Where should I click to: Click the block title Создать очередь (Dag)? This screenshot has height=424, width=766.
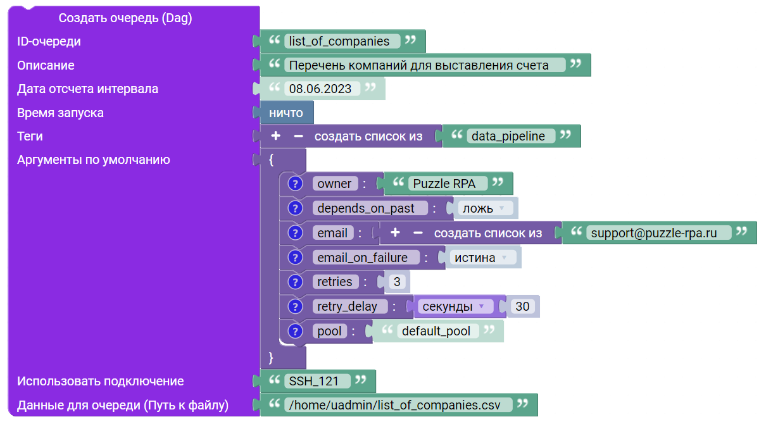(125, 18)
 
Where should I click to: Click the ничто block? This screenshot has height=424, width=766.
(286, 113)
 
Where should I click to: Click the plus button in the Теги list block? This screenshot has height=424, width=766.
(275, 136)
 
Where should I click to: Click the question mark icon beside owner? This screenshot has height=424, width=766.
(295, 184)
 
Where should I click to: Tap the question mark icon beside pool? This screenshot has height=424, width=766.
(295, 331)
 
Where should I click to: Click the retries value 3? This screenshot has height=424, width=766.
(397, 282)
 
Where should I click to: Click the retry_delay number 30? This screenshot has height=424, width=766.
(522, 306)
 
